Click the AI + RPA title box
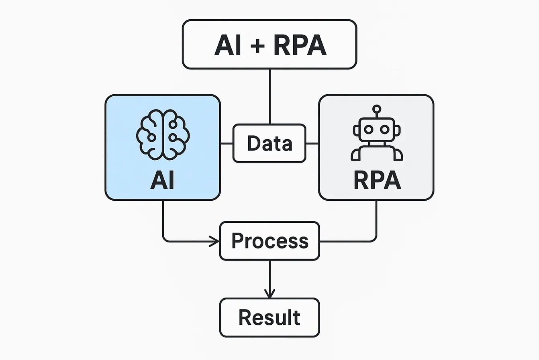(269, 44)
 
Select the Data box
(269, 143)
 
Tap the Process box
(269, 241)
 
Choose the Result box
(269, 317)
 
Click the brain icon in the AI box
(163, 134)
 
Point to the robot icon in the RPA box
(376, 134)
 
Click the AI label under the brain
(163, 180)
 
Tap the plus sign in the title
(257, 45)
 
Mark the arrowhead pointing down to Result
(269, 293)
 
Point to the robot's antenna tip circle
(376, 108)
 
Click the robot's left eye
(368, 129)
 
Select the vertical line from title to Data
(269, 96)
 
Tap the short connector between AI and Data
(227, 143)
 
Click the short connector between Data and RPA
(312, 143)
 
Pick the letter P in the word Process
(238, 240)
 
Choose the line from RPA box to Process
(376, 225)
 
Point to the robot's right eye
(385, 129)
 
